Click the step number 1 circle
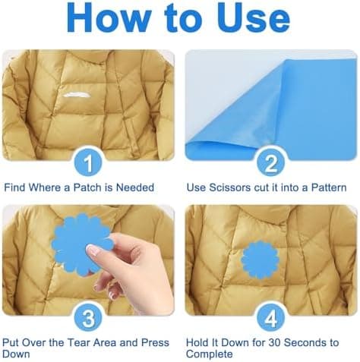[x=88, y=163]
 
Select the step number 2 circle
[x=270, y=163]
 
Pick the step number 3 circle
[x=88, y=318]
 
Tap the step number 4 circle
[x=270, y=318]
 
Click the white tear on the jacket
[x=77, y=95]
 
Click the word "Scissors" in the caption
[x=229, y=187]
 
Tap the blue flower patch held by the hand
[x=81, y=244]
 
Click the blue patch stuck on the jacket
[x=260, y=260]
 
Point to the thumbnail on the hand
[x=93, y=250]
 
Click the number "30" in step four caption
[x=274, y=342]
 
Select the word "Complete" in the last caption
[x=210, y=354]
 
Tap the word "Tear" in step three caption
[x=78, y=342]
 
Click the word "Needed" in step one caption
[x=134, y=187]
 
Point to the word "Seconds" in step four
[x=305, y=342]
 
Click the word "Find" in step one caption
[x=14, y=187]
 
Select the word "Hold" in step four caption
[x=197, y=342]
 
